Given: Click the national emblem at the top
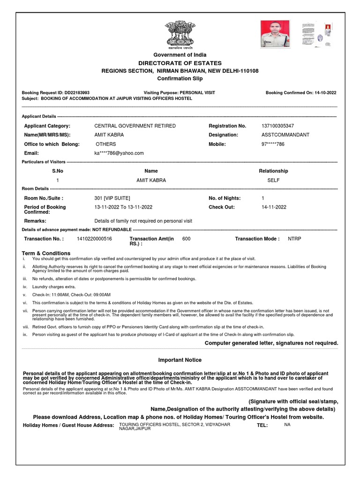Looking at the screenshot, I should (180, 34).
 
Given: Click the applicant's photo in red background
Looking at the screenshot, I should (276, 33).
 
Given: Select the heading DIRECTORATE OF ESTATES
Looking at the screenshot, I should (180, 63).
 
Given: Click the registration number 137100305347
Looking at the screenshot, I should (278, 126).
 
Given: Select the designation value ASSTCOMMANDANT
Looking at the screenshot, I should (285, 135).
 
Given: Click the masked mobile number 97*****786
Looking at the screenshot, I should (273, 144).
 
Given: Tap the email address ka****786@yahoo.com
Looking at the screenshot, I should (119, 153).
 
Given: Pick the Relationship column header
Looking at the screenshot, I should (273, 171).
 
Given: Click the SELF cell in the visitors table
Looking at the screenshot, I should (273, 180).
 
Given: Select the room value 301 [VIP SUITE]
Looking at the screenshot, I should (112, 198).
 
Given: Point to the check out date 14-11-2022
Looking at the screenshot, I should (274, 207).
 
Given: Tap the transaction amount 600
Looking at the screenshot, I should (186, 239).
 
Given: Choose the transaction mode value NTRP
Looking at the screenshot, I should (295, 239).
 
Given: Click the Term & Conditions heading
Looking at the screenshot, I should (46, 253).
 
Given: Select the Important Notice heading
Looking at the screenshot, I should (180, 360).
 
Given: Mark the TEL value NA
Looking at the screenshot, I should (287, 424).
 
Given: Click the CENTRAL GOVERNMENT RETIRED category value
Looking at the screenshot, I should (135, 126).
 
